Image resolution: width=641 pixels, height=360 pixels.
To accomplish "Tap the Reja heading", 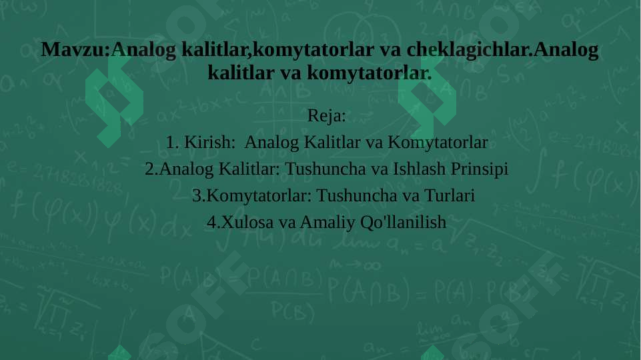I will tap(326, 116).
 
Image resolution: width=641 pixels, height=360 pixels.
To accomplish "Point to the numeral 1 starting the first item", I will tap(171, 143).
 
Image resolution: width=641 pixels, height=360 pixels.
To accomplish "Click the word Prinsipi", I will tap(480, 169).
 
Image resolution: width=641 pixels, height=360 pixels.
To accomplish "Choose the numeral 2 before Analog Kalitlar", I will tap(149, 169).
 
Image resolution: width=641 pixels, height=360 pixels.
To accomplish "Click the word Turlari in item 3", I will tap(450, 196).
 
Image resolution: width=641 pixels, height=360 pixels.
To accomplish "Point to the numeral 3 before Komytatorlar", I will tap(196, 196).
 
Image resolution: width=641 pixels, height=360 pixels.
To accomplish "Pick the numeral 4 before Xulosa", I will tap(211, 223).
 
